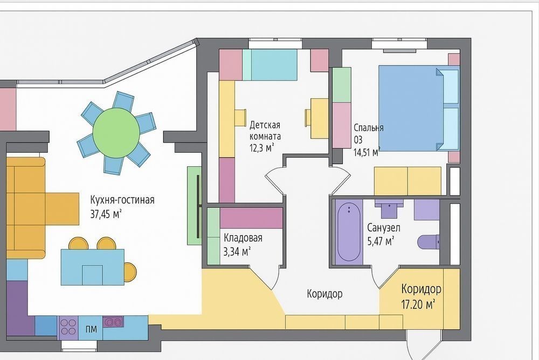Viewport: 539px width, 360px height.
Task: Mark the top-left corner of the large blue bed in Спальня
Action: coord(379,66)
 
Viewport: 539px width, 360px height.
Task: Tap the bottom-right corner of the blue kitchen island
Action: coord(124,285)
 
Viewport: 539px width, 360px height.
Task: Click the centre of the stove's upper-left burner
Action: coord(64,323)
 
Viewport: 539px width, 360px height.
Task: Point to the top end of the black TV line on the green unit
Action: coord(198,175)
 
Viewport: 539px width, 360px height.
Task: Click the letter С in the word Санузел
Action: coord(370,228)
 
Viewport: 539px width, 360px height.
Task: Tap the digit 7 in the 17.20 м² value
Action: coord(407,304)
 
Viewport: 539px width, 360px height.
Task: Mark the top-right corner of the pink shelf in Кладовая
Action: coord(282,208)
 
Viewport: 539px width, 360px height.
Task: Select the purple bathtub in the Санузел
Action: coord(349,232)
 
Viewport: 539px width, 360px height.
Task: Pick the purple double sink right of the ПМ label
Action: coord(113,322)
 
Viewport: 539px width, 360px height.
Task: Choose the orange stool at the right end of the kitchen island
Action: coord(130,272)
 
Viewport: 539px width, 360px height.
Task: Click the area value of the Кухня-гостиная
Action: coord(106,214)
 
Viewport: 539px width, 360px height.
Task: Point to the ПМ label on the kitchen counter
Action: coord(91,329)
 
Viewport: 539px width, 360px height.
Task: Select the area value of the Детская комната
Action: coord(261,148)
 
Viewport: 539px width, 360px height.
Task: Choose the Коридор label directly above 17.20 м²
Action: coord(421,289)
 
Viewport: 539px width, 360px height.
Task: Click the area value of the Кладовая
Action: coord(237,252)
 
